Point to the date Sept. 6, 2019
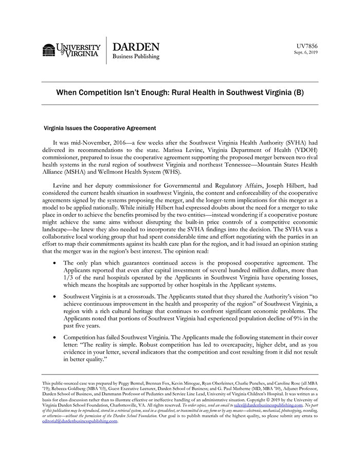point(305,52)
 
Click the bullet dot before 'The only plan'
point(55,263)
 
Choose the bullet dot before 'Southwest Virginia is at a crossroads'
point(55,297)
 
